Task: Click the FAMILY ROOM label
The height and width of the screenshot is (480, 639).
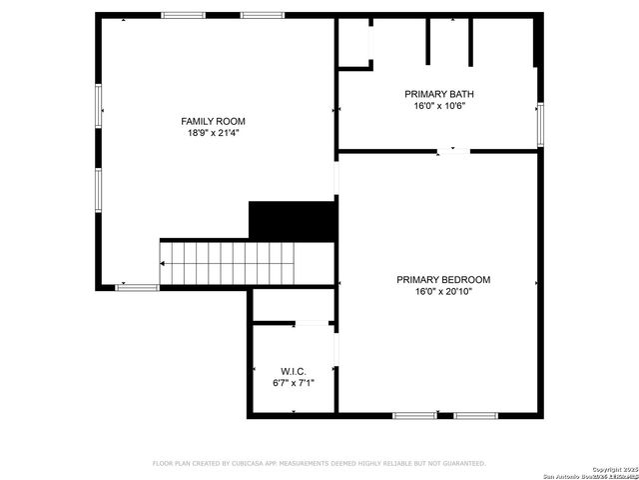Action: (x=213, y=121)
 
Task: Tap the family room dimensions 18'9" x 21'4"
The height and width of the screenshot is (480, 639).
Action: (x=213, y=132)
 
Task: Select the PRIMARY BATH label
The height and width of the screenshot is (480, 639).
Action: (x=439, y=94)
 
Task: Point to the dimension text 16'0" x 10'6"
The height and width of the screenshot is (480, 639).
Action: (x=439, y=105)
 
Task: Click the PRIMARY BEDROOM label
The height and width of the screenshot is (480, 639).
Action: (x=443, y=280)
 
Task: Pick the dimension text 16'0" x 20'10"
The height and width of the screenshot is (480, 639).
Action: (x=443, y=291)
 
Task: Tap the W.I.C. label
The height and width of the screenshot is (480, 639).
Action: (x=293, y=371)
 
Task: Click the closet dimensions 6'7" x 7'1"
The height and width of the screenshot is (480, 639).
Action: (x=293, y=382)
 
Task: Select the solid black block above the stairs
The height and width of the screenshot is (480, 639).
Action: (x=291, y=220)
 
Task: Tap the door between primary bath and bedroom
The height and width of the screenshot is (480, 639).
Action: (x=452, y=151)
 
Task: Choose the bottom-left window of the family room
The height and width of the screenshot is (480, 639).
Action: (x=138, y=288)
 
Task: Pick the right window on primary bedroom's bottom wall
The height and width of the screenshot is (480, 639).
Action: (x=476, y=415)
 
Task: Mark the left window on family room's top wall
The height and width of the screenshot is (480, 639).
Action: (x=184, y=15)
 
